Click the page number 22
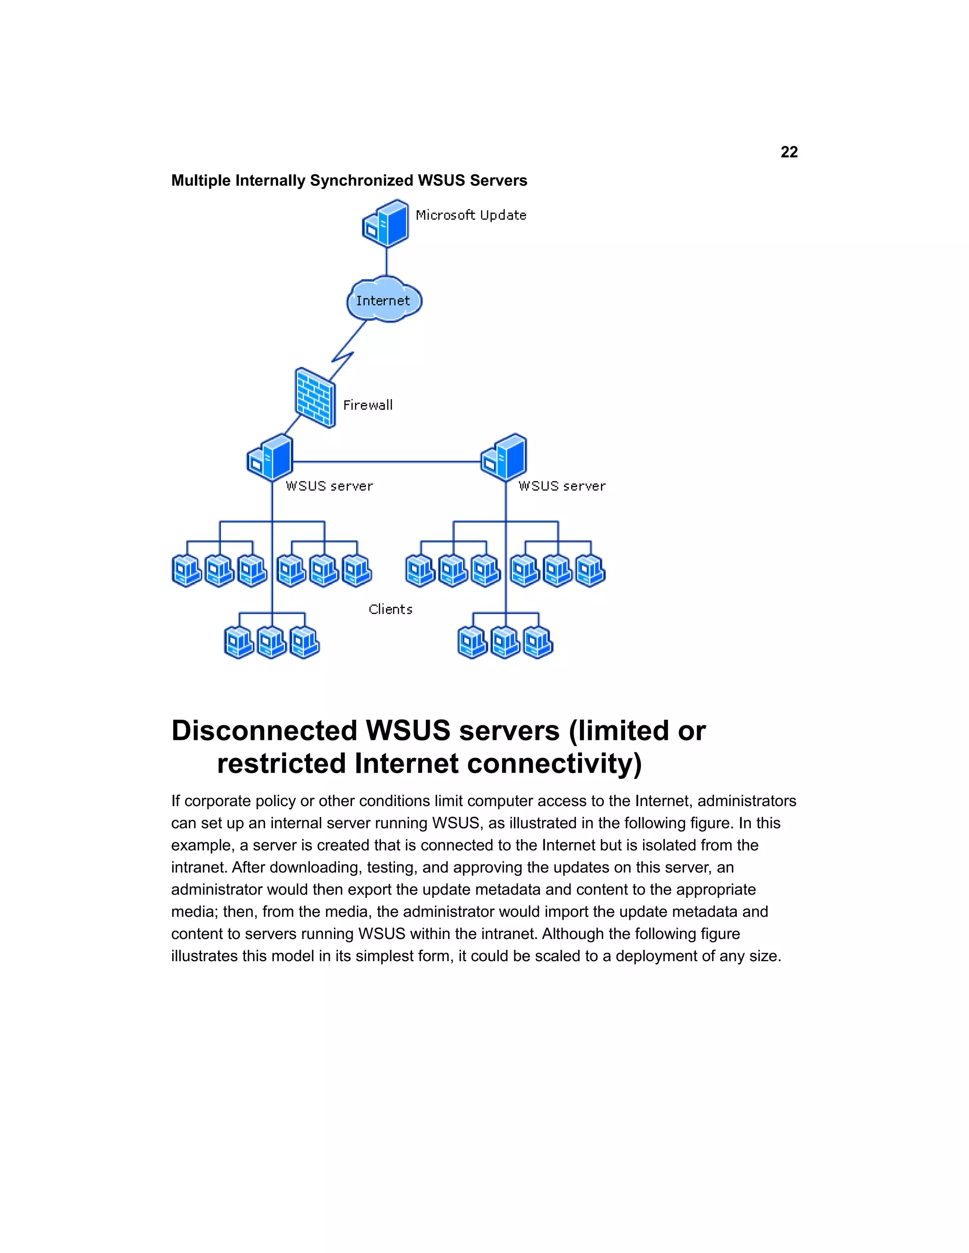pyautogui.click(x=789, y=152)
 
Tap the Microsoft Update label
pyautogui.click(x=471, y=215)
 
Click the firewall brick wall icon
pyautogui.click(x=315, y=398)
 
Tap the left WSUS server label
pyautogui.click(x=329, y=486)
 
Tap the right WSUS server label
pyautogui.click(x=562, y=486)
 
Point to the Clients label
pyautogui.click(x=390, y=609)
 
